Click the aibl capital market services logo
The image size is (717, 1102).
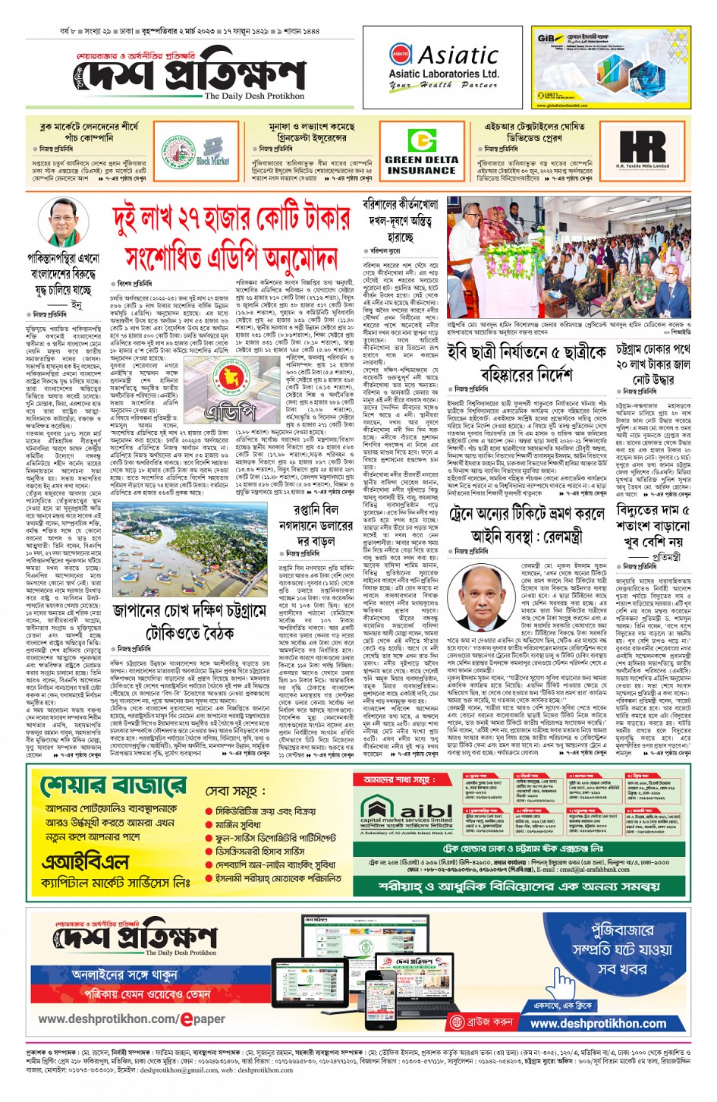pyautogui.click(x=407, y=813)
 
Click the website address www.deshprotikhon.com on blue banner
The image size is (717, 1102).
pyautogui.click(x=598, y=1023)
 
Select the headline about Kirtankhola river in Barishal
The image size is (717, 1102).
pyautogui.click(x=400, y=221)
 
